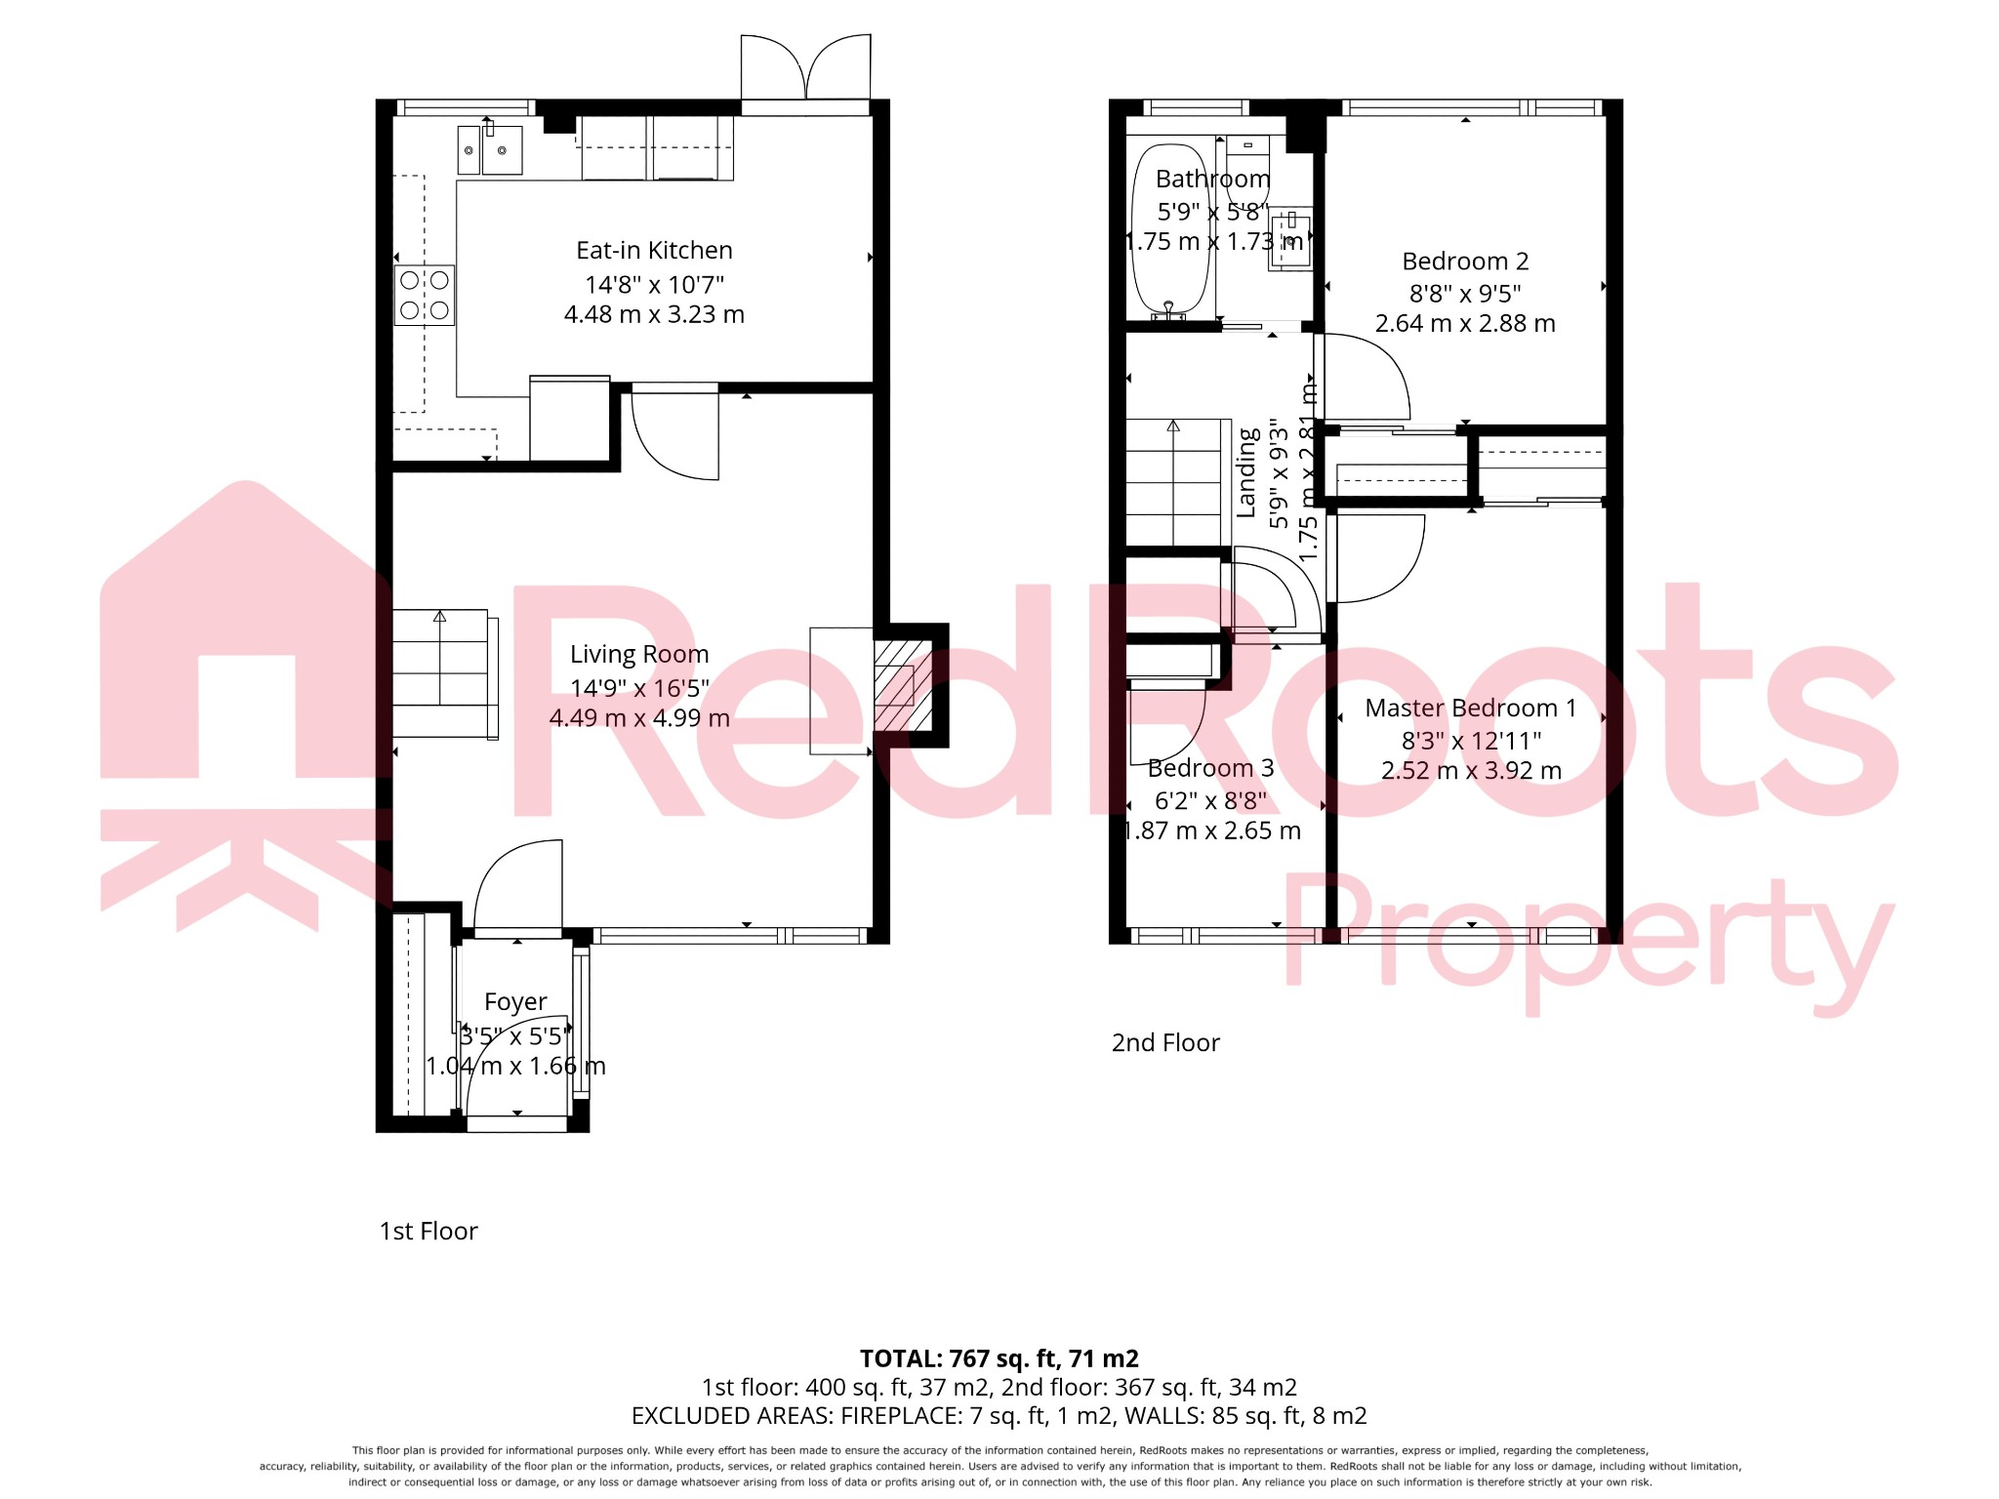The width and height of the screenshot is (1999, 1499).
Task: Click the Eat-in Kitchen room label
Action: pyautogui.click(x=654, y=251)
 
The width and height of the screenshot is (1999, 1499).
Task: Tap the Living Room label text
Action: pyautogui.click(x=639, y=654)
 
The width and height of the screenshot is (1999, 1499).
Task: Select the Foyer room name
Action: pyautogui.click(x=515, y=1002)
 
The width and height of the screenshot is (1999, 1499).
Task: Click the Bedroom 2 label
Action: pyautogui.click(x=1465, y=262)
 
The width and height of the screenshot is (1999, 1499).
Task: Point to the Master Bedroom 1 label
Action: pyautogui.click(x=1470, y=709)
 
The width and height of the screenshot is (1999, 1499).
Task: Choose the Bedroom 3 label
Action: pyautogui.click(x=1210, y=769)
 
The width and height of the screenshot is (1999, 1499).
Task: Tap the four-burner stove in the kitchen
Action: pyautogui.click(x=425, y=296)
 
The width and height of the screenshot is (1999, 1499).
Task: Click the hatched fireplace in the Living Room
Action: pyautogui.click(x=903, y=685)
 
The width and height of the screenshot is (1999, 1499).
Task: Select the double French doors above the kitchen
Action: pyautogui.click(x=805, y=68)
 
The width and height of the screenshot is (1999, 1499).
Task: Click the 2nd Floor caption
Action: pyautogui.click(x=1165, y=1043)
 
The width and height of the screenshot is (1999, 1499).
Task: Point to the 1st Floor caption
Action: pyautogui.click(x=428, y=1232)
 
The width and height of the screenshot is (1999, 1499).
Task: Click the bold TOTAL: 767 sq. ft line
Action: pyautogui.click(x=999, y=1358)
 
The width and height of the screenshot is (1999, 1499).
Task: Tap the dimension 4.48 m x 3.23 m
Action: pyautogui.click(x=654, y=315)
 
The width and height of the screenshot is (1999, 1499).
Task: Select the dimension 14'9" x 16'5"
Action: pyautogui.click(x=639, y=689)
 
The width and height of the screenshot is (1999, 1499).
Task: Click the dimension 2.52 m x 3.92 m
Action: pyautogui.click(x=1471, y=771)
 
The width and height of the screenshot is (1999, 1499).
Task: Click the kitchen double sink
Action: pyautogui.click(x=490, y=150)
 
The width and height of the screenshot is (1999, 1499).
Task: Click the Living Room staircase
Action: pyautogui.click(x=441, y=673)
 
